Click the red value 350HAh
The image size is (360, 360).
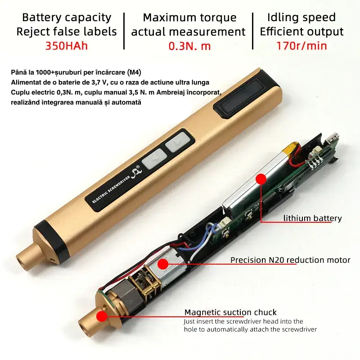pyautogui.click(x=67, y=45)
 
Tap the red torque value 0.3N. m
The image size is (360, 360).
pyautogui.click(x=189, y=46)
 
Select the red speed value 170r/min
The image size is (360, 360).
pyautogui.click(x=301, y=45)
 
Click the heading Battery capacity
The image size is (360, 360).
pyautogui.click(x=67, y=18)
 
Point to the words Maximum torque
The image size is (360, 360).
pyautogui.click(x=189, y=18)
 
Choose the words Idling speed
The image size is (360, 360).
pyautogui.click(x=301, y=18)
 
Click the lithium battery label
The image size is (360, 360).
pyautogui.click(x=312, y=218)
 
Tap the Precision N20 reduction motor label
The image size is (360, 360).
pyautogui.click(x=290, y=260)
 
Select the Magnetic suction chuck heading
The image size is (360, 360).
pyautogui.click(x=230, y=312)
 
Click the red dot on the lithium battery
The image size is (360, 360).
pyautogui.click(x=261, y=179)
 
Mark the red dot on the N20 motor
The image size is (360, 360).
pyautogui.click(x=163, y=264)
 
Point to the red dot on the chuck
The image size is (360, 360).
pyautogui.click(x=102, y=316)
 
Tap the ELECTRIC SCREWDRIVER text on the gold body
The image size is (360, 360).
pyautogui.click(x=111, y=189)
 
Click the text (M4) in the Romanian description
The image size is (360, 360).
pyautogui.click(x=134, y=72)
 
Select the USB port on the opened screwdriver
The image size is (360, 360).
pyautogui.click(x=333, y=138)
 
